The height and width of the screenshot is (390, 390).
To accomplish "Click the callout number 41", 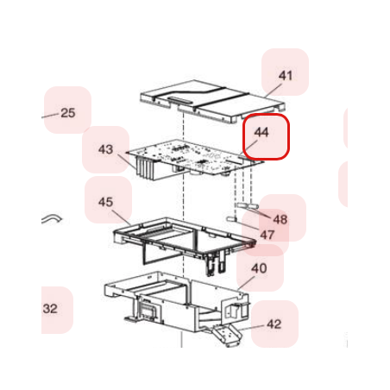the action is (x=286, y=76).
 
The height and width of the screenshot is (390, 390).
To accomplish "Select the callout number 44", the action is (x=261, y=132).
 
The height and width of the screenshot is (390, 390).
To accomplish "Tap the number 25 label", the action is (x=68, y=113).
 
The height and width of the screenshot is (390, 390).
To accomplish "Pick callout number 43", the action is (x=105, y=149).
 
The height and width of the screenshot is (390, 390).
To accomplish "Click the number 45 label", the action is (x=105, y=202).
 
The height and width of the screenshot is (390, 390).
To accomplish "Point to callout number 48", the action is (x=280, y=220).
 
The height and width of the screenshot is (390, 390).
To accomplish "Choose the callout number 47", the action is (x=267, y=235).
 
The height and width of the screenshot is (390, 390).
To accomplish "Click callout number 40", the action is (x=259, y=268).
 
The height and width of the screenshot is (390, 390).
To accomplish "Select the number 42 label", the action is (x=274, y=324).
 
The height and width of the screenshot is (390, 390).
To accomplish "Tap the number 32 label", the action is (x=50, y=309).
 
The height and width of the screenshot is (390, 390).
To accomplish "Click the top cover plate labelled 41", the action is (x=213, y=101).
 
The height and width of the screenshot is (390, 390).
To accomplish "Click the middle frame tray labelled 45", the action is (x=184, y=238).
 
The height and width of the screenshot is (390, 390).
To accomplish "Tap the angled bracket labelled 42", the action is (x=226, y=334).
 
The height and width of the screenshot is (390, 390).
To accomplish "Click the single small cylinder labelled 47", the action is (x=231, y=219).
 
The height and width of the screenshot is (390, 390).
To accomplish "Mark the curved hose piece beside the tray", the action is (x=52, y=218).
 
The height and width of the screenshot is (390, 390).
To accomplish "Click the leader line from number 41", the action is (x=274, y=91).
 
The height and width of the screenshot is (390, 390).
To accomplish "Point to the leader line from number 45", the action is (x=122, y=217).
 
